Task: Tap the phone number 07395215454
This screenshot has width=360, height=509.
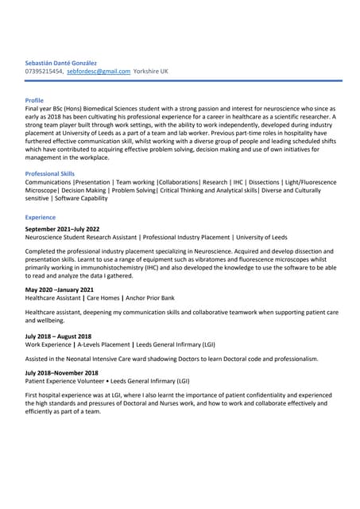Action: [x=45, y=71]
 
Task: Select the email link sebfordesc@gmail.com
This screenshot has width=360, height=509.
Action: [x=99, y=71]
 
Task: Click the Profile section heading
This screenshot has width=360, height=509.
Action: [x=34, y=100]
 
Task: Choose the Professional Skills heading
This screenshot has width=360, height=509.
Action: [x=50, y=173]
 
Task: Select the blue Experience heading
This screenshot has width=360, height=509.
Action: [x=41, y=217]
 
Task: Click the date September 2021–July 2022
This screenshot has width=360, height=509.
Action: [x=62, y=229]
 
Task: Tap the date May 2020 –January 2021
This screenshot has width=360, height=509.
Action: [x=60, y=289]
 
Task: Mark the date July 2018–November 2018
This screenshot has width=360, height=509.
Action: [x=62, y=372]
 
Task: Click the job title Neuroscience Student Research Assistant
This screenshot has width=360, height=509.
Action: [x=80, y=237]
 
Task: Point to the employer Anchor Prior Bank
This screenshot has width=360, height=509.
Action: [x=147, y=297]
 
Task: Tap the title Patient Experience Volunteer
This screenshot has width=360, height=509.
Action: [x=67, y=381]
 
